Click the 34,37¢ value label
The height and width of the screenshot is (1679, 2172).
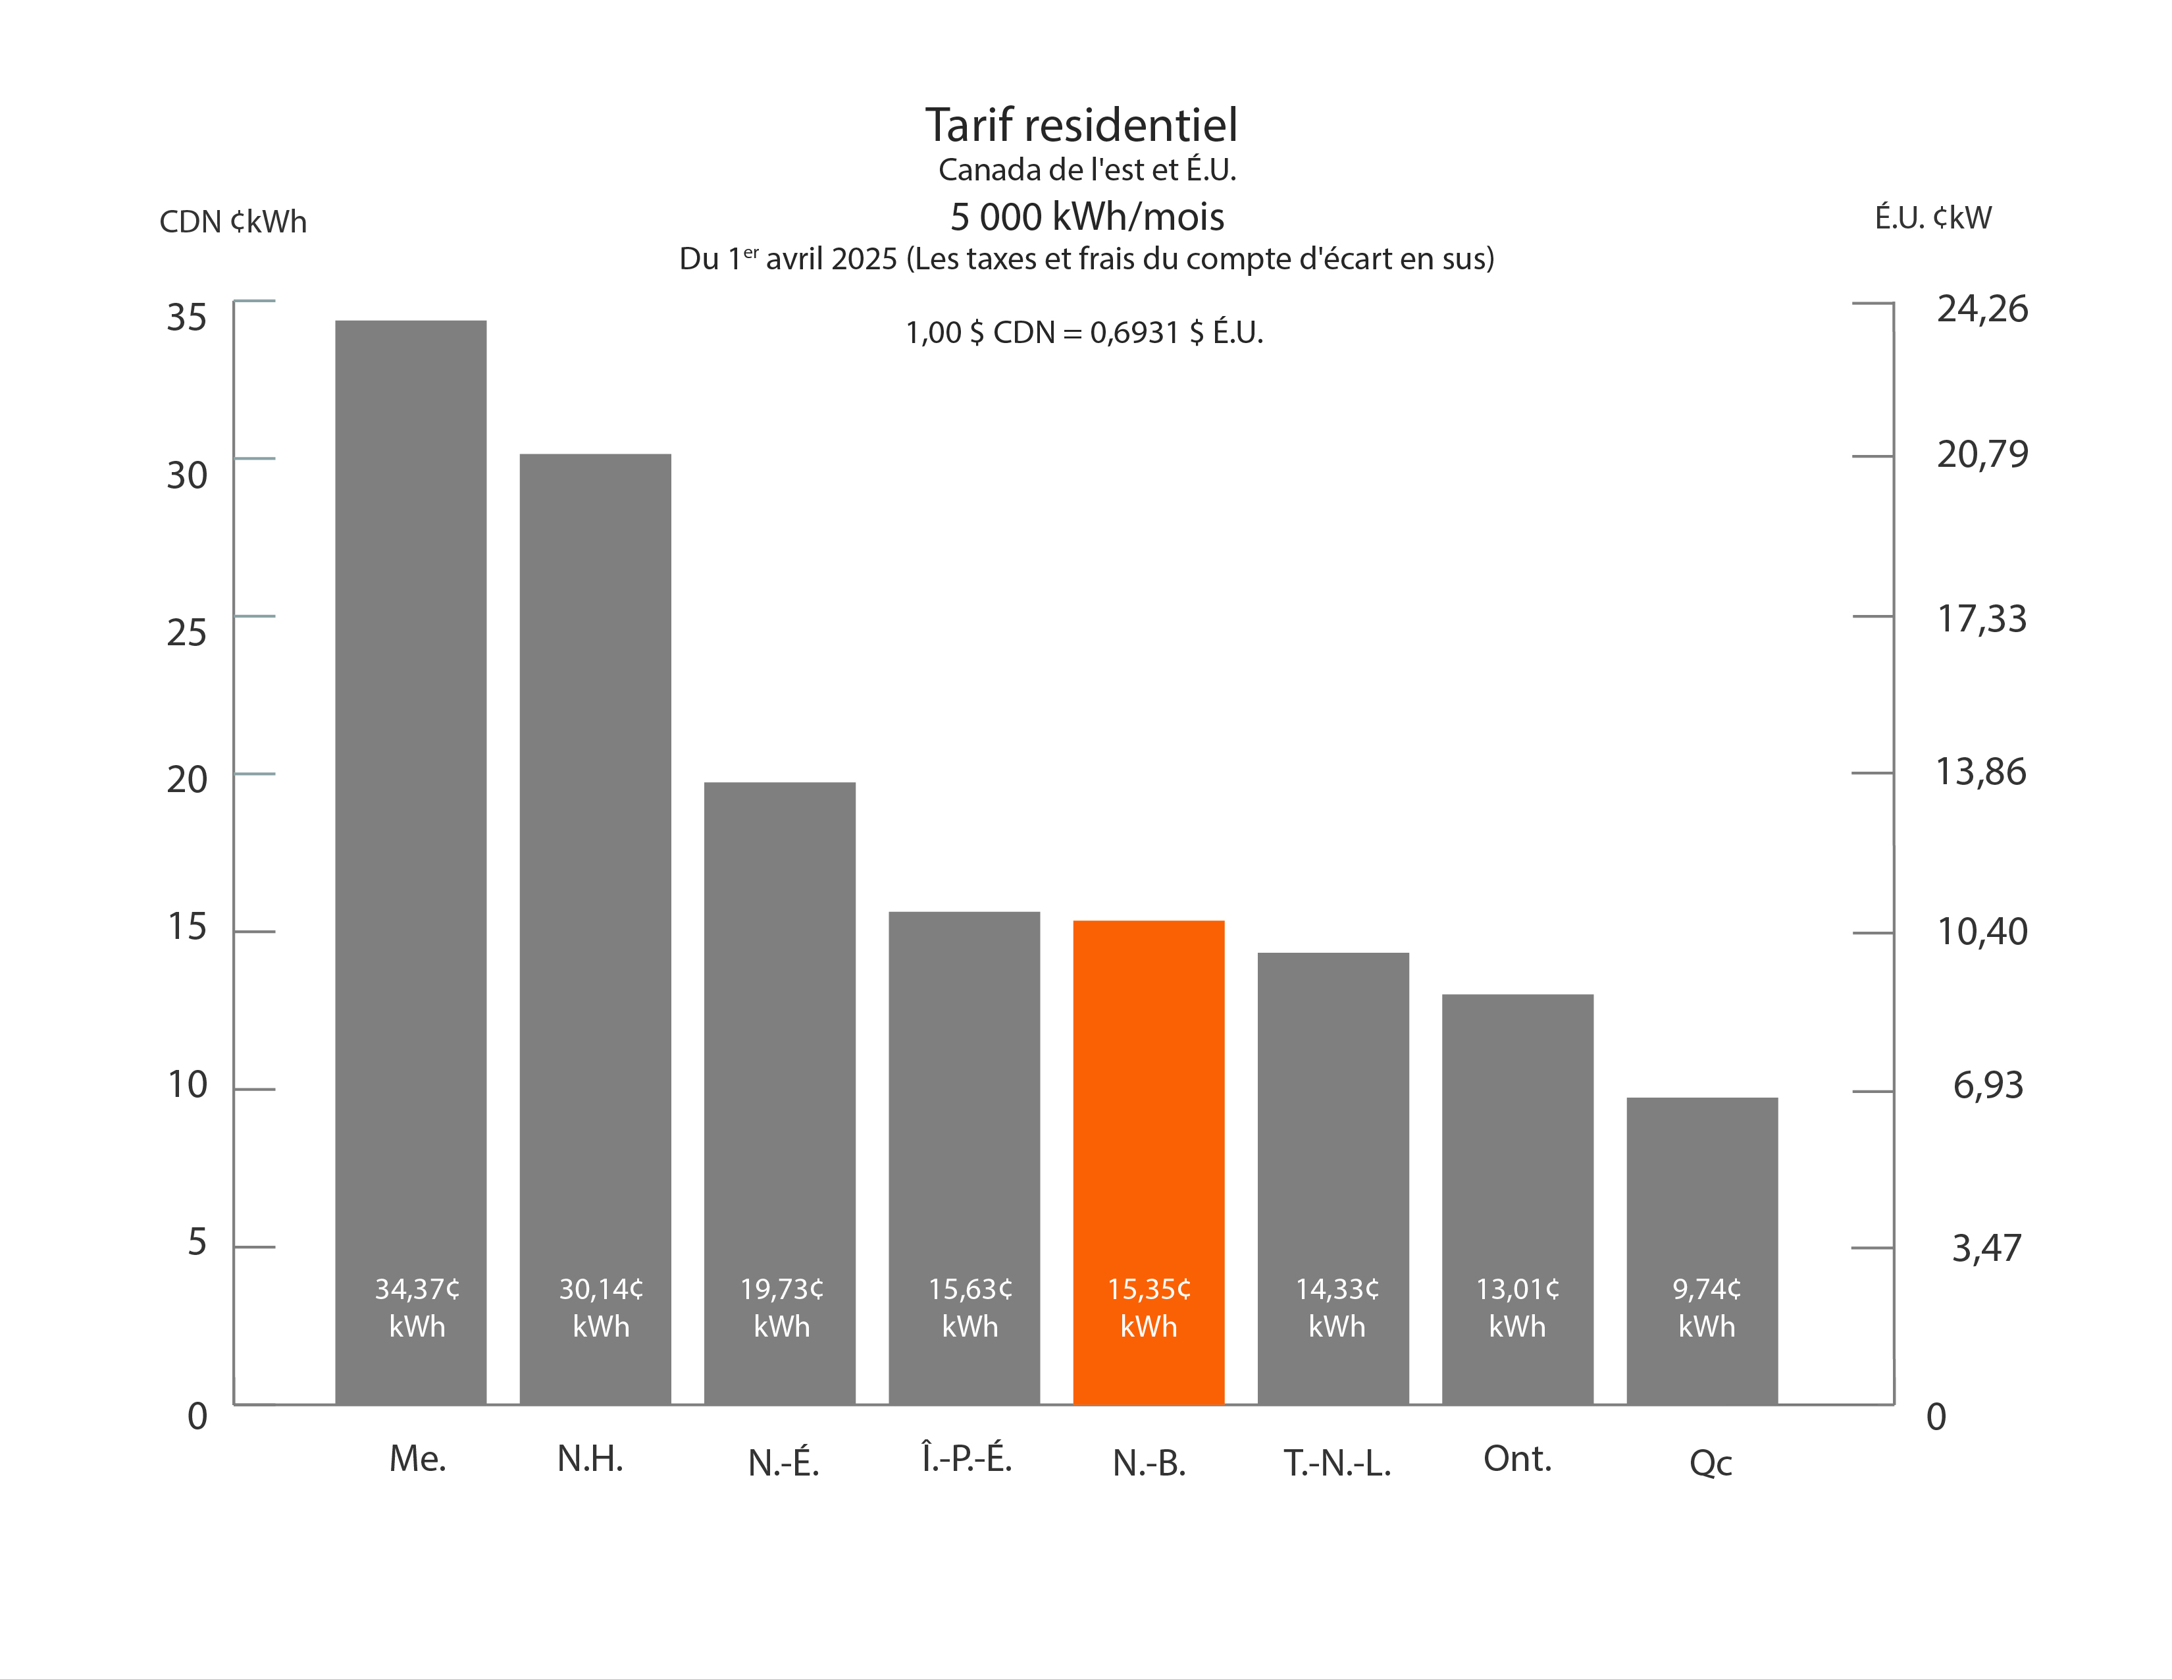417,1289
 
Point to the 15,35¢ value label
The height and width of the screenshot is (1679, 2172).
1149,1289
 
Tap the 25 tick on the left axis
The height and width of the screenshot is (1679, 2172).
186,633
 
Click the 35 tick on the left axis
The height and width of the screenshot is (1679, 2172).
186,317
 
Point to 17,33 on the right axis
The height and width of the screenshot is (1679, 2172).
1981,619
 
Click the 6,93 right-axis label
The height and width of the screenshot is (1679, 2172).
1987,1084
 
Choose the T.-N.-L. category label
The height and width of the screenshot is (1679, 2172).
1337,1462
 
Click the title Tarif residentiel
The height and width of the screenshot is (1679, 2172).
1081,125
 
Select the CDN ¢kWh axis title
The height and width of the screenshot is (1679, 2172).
233,221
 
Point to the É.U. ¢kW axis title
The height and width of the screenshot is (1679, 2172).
1932,218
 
